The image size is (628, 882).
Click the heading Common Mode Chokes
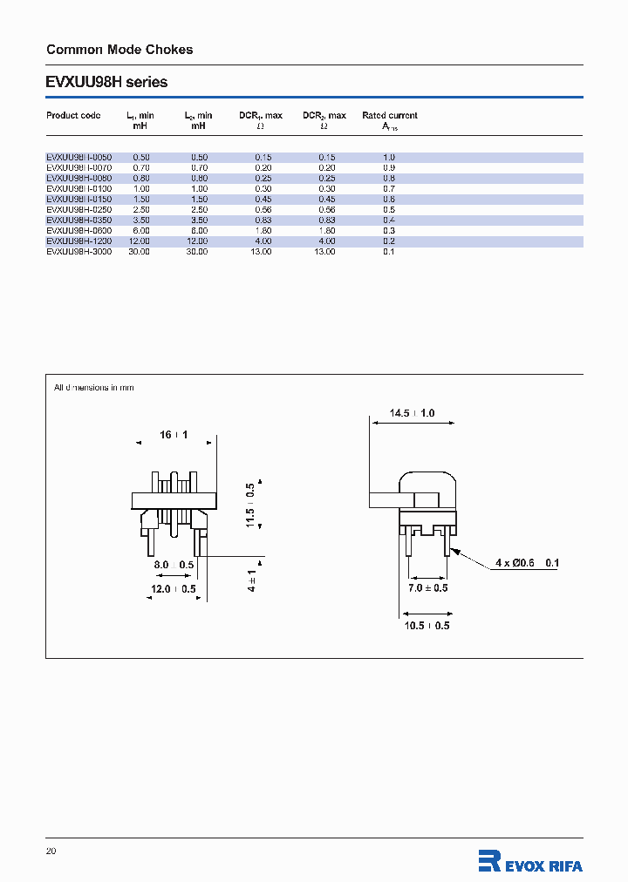pyautogui.click(x=119, y=50)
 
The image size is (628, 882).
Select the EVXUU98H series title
pyautogui.click(x=106, y=83)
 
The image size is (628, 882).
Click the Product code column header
pyautogui.click(x=73, y=115)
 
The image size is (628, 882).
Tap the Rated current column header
pyautogui.click(x=389, y=115)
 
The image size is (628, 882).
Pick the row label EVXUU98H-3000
pyautogui.click(x=78, y=251)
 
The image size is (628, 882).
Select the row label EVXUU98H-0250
pyautogui.click(x=78, y=209)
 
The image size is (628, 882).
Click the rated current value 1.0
pyautogui.click(x=389, y=157)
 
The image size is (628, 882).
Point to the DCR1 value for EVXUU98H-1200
pyautogui.click(x=261, y=241)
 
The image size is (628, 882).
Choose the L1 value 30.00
pyautogui.click(x=139, y=251)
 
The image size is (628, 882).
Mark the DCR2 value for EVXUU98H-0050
pyautogui.click(x=324, y=157)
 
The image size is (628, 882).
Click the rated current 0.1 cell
pyautogui.click(x=389, y=251)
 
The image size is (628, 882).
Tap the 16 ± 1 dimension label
pyautogui.click(x=174, y=434)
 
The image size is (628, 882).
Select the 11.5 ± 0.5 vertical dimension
pyautogui.click(x=251, y=505)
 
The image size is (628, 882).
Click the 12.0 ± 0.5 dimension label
pyautogui.click(x=173, y=589)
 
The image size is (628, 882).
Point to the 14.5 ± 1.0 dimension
pyautogui.click(x=413, y=413)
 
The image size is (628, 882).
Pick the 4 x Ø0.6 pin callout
pyautogui.click(x=527, y=563)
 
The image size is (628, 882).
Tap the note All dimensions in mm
pyautogui.click(x=94, y=387)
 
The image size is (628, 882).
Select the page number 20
pyautogui.click(x=51, y=851)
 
